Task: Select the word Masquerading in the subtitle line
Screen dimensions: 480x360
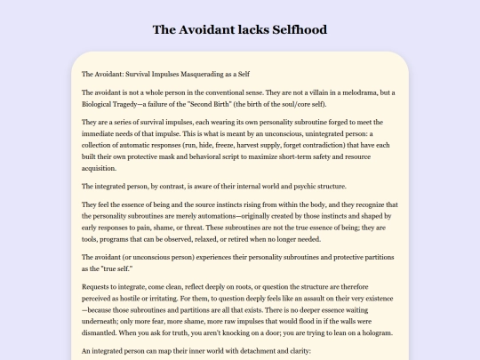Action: [205, 73]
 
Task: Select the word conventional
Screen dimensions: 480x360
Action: [230, 92]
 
